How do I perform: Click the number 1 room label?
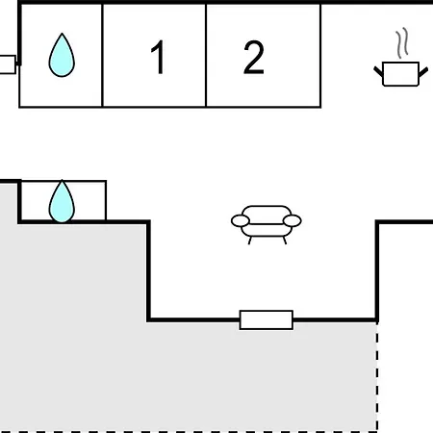tap(159, 58)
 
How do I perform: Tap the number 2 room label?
tap(254, 58)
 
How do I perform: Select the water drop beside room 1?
tap(62, 55)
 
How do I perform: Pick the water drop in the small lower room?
tap(62, 201)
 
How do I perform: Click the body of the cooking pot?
tap(401, 74)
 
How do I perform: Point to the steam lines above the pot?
tap(402, 43)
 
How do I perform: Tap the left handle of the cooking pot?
tap(378, 71)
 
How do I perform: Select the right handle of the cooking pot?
tap(423, 72)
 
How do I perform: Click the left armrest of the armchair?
tap(241, 221)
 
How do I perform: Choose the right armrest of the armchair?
tap(293, 221)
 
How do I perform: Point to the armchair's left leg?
tap(250, 241)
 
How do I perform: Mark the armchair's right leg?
tap(284, 241)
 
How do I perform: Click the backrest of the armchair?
tap(267, 215)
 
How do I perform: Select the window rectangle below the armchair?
tap(267, 319)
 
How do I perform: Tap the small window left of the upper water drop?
tap(7, 64)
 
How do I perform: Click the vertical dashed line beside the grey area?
tap(377, 377)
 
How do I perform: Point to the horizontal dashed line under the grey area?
tap(189, 432)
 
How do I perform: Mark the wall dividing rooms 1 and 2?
tap(206, 55)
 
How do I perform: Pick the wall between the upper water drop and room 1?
tap(102, 55)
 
